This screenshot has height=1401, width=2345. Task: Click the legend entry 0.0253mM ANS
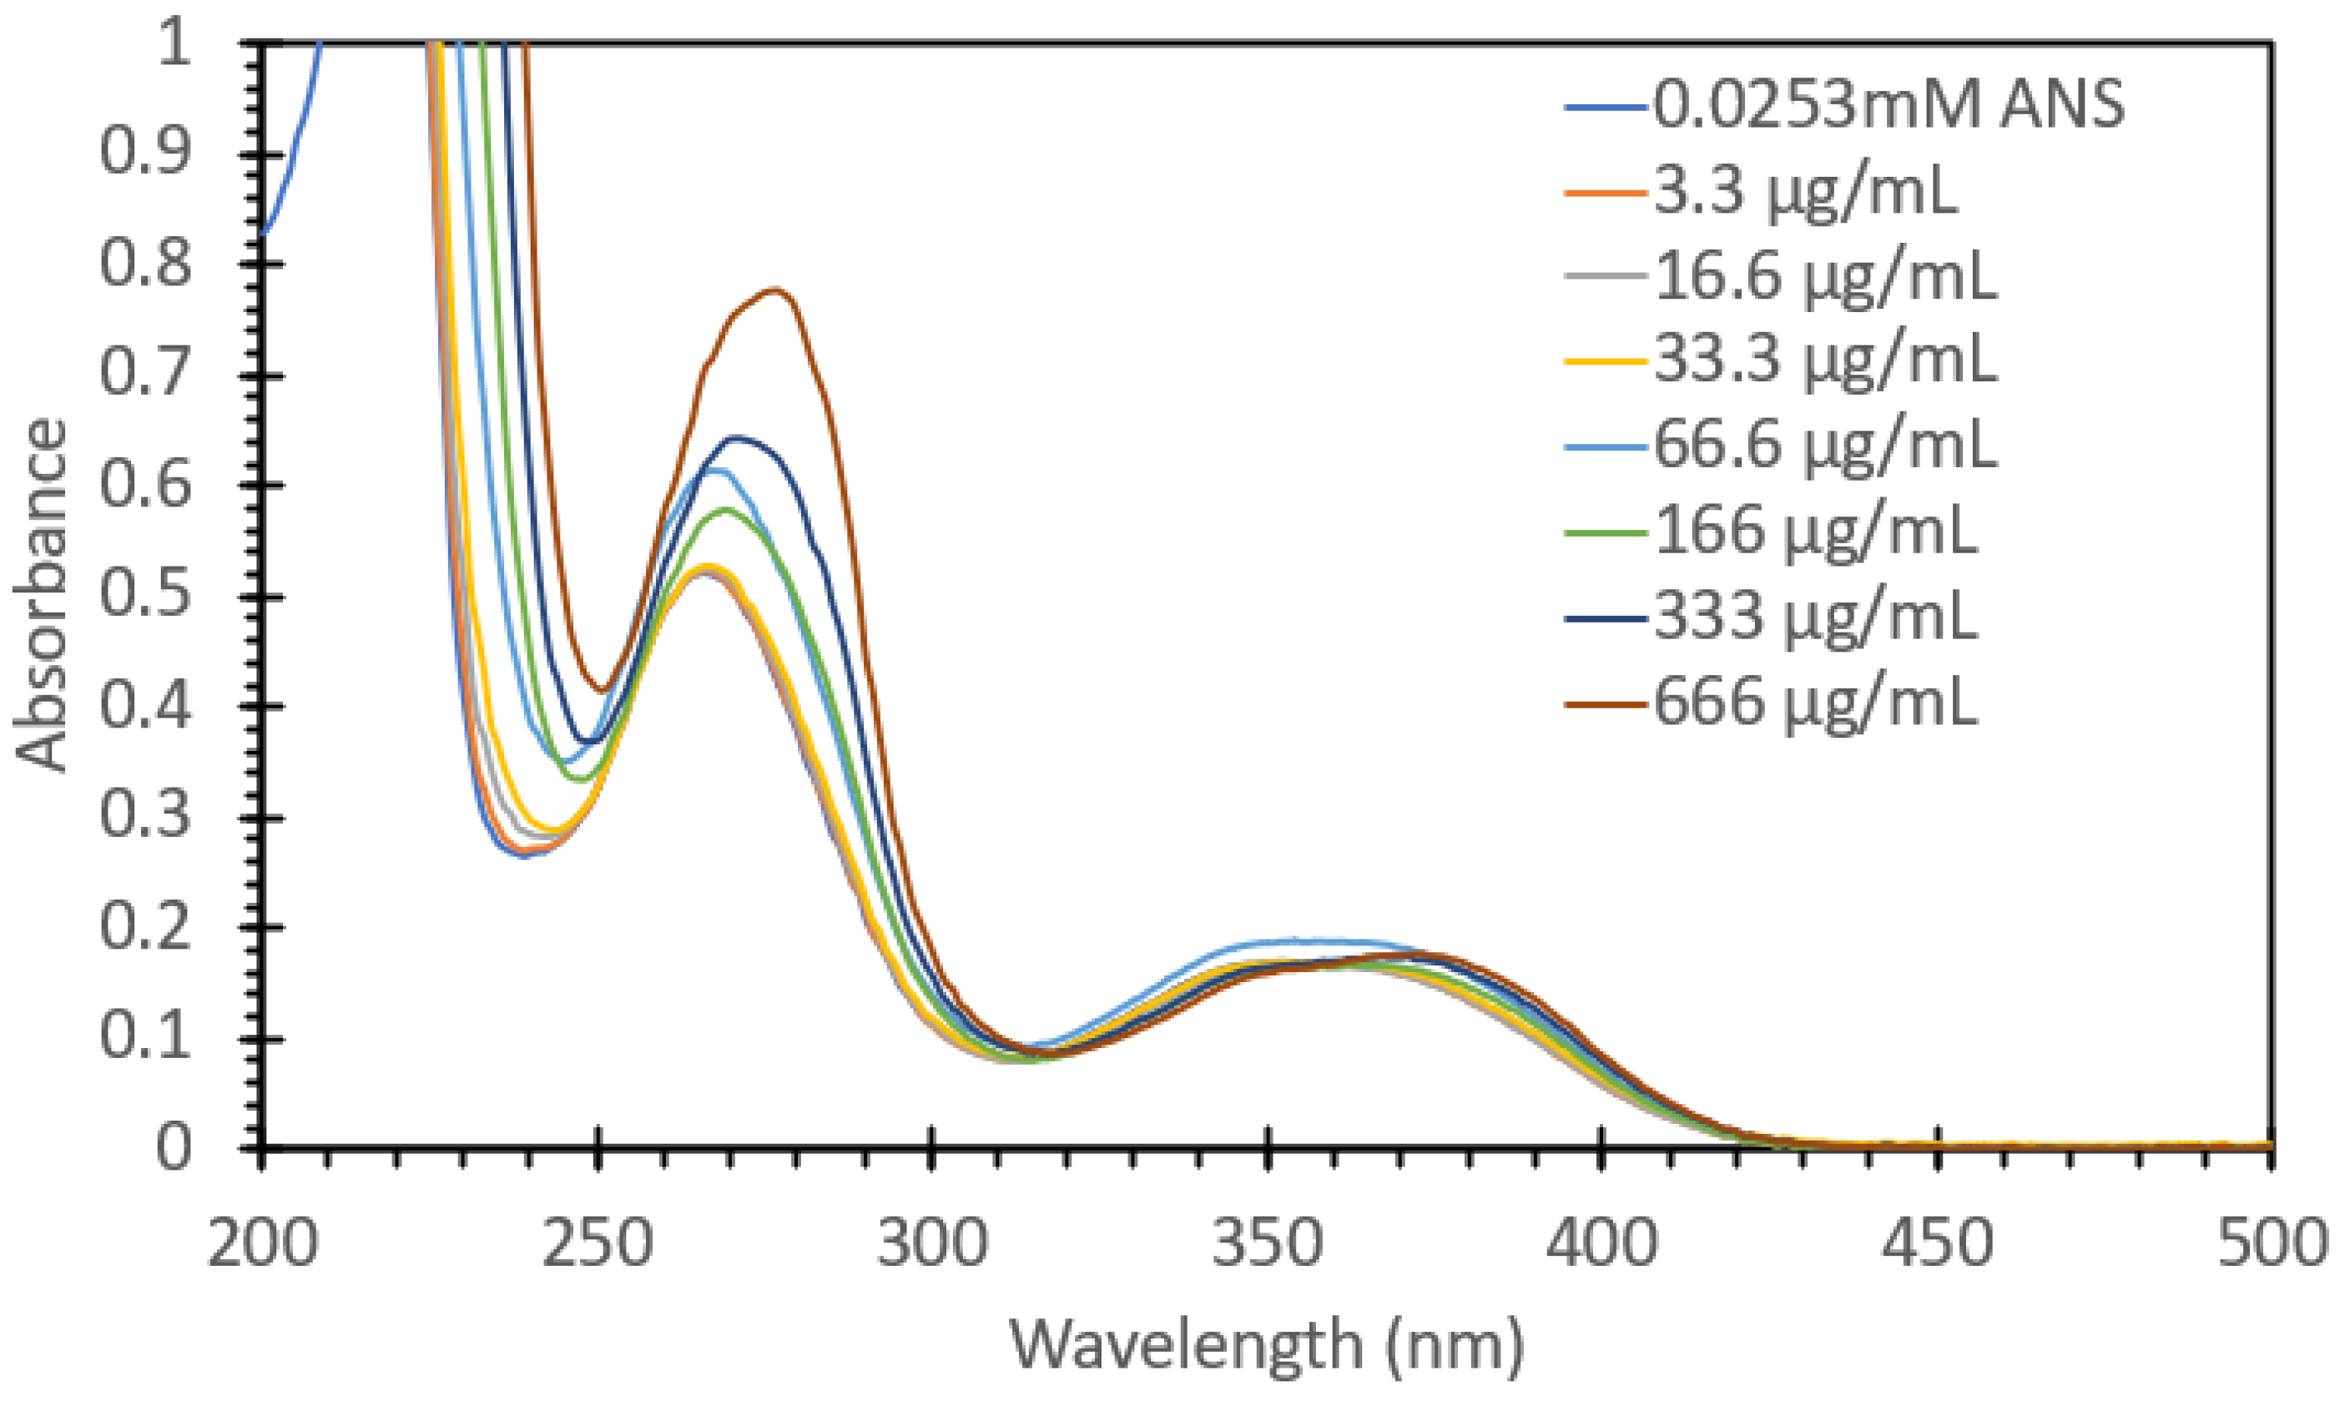tap(1888, 103)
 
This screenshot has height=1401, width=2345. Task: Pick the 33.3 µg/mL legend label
tap(1825, 360)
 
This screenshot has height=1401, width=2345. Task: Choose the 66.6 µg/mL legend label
tap(1825, 445)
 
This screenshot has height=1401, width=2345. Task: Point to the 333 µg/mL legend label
tap(1814, 617)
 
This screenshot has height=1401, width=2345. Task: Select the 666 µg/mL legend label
tap(1814, 703)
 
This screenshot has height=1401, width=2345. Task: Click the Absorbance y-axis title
tap(42, 595)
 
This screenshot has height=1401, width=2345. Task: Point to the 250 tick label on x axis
tap(598, 1244)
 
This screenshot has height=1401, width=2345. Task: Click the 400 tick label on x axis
tap(1602, 1244)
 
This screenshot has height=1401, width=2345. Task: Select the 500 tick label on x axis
tap(2271, 1244)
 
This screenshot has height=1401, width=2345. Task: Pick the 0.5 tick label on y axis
tap(146, 596)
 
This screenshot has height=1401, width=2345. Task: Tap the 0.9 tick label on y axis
tap(146, 153)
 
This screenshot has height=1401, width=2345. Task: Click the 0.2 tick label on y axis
tap(146, 927)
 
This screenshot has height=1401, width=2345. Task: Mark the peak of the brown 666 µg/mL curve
tap(776, 290)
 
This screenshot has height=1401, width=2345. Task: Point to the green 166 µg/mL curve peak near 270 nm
tap(727, 510)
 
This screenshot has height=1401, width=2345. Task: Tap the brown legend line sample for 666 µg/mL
tap(1605, 704)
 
